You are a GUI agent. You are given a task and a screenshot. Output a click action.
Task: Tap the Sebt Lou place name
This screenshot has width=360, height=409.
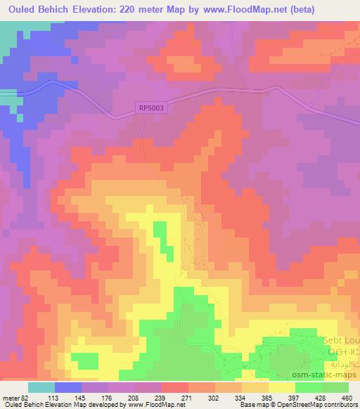[x=341, y=341]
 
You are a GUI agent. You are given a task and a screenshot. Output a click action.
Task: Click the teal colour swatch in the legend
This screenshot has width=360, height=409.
[x=41, y=387]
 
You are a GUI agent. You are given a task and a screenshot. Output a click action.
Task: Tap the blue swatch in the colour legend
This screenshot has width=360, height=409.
[x=66, y=387]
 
